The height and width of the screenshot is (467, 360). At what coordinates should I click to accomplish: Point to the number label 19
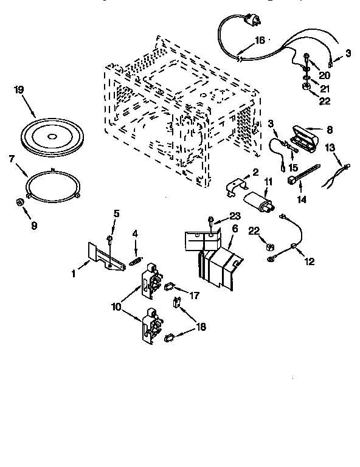pos(19,89)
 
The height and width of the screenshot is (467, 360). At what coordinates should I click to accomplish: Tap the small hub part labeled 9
pos(20,202)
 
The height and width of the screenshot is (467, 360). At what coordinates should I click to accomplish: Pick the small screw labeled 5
pos(111,238)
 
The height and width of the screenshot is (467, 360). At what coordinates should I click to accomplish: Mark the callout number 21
pos(325,88)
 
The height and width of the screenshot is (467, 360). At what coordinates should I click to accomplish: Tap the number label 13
pos(330,147)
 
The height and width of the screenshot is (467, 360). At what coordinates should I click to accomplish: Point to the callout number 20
pos(325,75)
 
